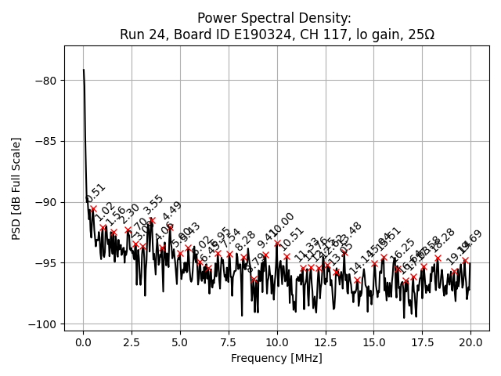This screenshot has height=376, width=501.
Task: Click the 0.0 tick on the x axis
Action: point(83,343)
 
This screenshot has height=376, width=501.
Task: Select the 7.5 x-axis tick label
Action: point(229,343)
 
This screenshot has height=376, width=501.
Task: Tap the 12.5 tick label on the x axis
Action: point(325,343)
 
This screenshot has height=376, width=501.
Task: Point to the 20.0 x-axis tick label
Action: point(470,343)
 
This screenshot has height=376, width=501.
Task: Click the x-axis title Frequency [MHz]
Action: point(276,358)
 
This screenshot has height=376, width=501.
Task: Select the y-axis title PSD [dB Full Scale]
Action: point(16,188)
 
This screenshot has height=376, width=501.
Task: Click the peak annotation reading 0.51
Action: point(96,193)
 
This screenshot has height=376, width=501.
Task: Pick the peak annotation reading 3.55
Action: point(153,205)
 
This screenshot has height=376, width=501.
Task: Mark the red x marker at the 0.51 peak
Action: point(93,209)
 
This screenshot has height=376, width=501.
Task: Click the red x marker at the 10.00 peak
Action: point(277,243)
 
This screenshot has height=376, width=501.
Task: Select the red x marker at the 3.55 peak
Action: point(152,221)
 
